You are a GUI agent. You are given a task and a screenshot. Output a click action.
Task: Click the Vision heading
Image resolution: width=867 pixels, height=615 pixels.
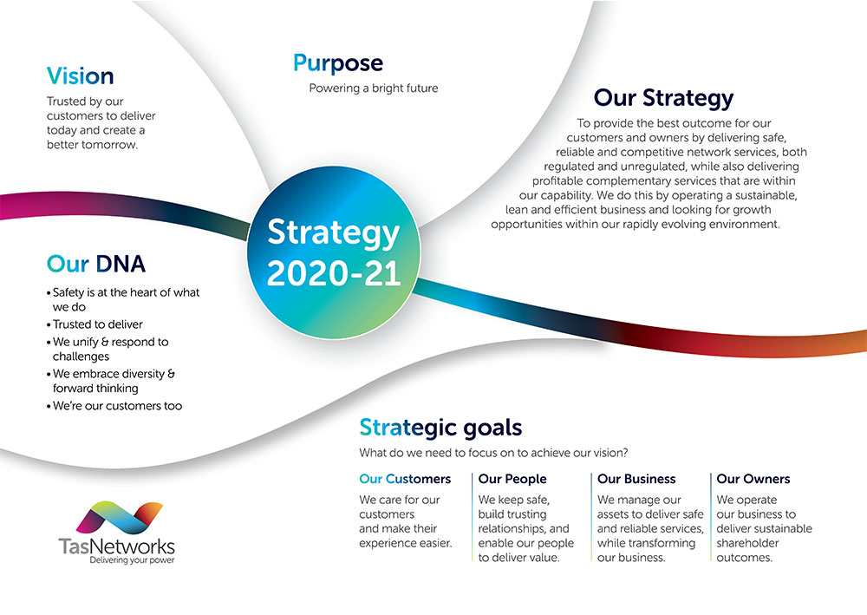pos(80,75)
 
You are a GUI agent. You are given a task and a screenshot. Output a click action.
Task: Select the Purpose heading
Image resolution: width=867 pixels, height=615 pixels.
pos(337,63)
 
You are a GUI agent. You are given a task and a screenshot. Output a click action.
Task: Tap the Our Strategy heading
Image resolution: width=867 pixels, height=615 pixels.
pos(663,98)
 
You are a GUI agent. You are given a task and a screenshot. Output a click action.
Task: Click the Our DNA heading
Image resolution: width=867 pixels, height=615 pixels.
pos(96,263)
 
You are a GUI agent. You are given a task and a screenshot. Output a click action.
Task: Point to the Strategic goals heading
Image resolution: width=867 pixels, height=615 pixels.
pos(440,427)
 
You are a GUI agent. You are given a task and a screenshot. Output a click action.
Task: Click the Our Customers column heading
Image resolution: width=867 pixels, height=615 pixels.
pos(405,479)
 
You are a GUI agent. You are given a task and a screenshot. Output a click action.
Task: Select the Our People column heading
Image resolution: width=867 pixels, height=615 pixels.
pos(512,479)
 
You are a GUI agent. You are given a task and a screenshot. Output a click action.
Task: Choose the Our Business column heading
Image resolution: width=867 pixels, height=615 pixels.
pos(636,479)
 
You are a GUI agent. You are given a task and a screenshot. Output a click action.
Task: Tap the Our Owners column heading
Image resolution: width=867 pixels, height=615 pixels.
pos(753,479)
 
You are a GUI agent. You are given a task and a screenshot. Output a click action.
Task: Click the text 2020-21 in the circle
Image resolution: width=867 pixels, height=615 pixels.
pos(334,272)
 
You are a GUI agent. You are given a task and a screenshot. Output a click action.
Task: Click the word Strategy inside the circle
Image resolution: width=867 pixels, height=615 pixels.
pos(334,232)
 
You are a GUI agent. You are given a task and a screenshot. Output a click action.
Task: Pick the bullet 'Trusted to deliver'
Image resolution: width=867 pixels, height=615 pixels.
pos(97,324)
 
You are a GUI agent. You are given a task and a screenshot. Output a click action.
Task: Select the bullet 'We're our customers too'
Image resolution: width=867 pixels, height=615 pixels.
pos(117,405)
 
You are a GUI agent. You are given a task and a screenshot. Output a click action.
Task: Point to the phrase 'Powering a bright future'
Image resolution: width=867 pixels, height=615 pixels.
pos(374,88)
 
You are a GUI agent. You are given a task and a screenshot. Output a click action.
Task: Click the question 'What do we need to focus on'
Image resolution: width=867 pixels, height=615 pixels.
pos(492,452)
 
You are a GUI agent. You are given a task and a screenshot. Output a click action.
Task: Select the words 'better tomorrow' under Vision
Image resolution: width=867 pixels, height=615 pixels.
pos(93,145)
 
